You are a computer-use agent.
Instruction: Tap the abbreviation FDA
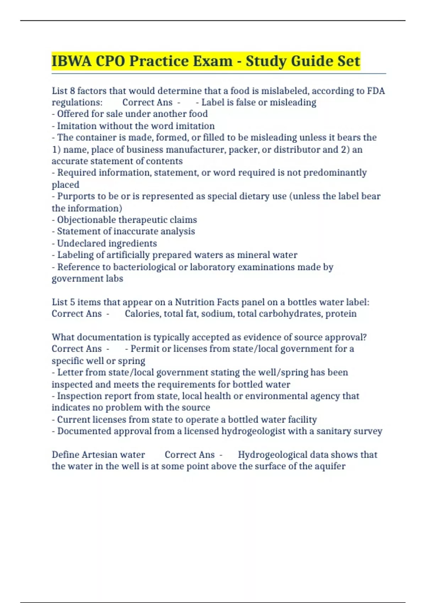pyautogui.click(x=376, y=91)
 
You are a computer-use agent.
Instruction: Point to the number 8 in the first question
pyautogui.click(x=72, y=91)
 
